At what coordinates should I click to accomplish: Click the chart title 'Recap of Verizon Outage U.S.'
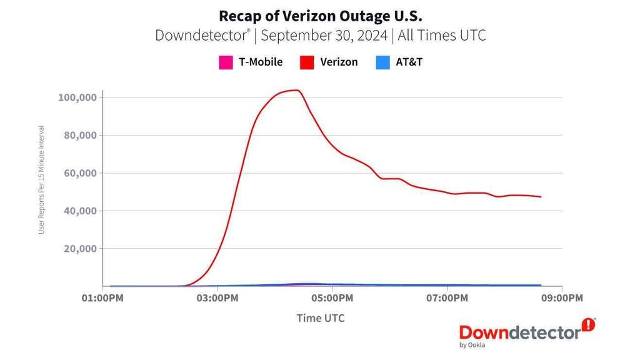(320, 14)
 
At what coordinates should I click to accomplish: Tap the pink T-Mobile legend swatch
(225, 62)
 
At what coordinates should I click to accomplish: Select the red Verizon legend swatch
(306, 62)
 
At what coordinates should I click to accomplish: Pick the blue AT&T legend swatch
(382, 62)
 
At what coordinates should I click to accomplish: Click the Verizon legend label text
(338, 62)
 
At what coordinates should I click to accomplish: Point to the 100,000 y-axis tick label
(77, 97)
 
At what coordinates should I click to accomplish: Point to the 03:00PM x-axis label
(217, 298)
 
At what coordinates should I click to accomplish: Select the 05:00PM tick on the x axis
(332, 298)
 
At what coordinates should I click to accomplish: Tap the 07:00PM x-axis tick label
(447, 298)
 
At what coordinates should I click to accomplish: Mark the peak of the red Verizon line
(297, 90)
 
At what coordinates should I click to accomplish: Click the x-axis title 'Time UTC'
(320, 318)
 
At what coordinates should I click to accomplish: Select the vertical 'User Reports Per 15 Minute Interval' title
(42, 180)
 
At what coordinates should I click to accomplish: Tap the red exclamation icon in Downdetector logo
(588, 324)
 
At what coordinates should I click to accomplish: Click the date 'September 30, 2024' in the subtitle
(324, 35)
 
